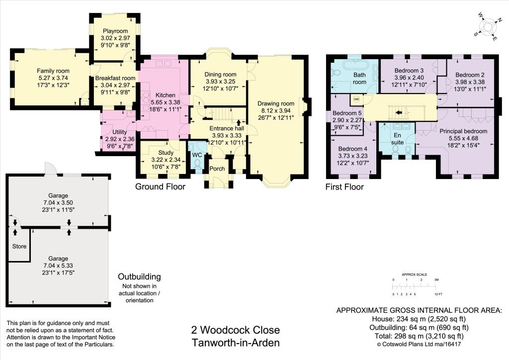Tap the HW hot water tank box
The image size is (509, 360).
[356, 99]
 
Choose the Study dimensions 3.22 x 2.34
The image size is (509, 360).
[165, 160]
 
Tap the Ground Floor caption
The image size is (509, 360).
[160, 187]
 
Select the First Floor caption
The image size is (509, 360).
[344, 187]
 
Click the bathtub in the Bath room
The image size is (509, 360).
[354, 66]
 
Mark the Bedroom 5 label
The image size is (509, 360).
[347, 113]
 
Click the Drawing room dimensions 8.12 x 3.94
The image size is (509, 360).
[276, 111]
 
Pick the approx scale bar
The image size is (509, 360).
[415, 287]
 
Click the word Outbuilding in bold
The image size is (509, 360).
[139, 276]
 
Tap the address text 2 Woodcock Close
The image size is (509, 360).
[236, 330]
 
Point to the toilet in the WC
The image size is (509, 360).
[197, 163]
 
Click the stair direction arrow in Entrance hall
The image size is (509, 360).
[239, 122]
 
